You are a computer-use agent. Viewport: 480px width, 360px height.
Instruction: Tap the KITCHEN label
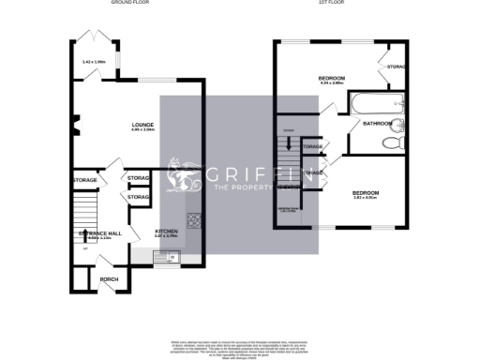coord(167,230)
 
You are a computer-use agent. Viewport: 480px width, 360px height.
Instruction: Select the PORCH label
coord(97,279)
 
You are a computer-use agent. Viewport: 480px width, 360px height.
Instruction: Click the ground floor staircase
coord(85,206)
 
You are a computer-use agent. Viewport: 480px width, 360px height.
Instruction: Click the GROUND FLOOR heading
coord(129,3)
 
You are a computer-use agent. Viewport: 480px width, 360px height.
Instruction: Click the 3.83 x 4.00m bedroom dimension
coord(364,197)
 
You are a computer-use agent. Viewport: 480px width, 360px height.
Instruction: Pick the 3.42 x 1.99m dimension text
coord(95,62)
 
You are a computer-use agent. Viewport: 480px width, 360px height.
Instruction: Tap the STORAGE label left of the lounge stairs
coord(84,180)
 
